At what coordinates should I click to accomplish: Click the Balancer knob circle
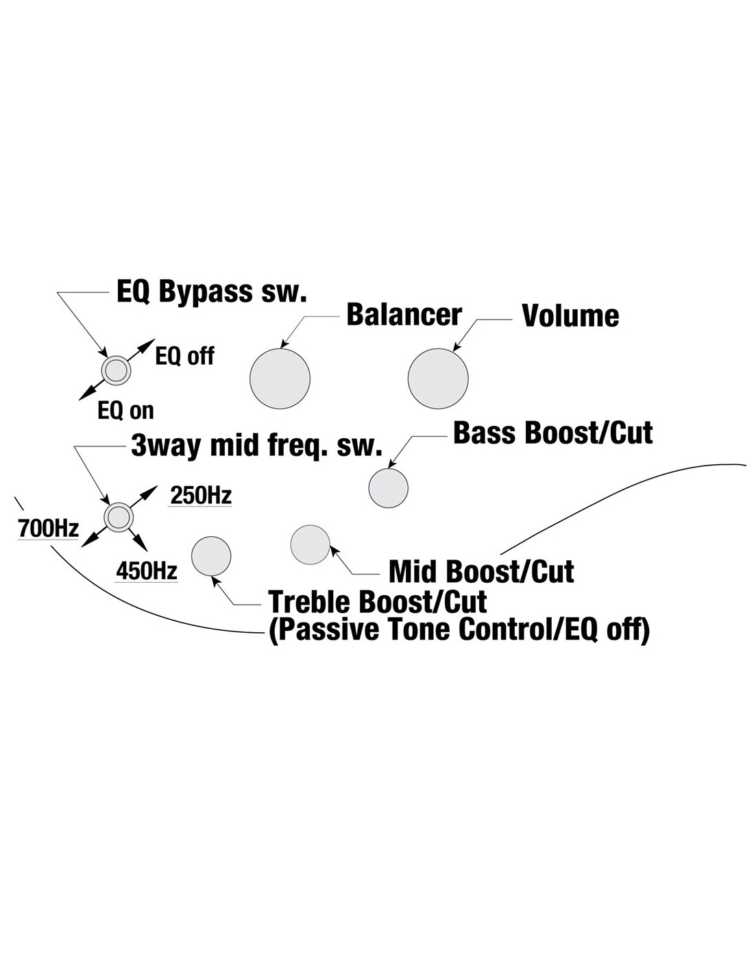[280, 378]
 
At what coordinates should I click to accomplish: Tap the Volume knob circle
[438, 378]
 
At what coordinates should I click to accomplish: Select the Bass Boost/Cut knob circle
[388, 487]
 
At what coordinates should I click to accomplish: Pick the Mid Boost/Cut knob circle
[311, 544]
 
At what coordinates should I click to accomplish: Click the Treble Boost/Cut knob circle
[211, 556]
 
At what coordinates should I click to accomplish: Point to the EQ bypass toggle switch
[116, 371]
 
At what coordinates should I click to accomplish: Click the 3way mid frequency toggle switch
[119, 517]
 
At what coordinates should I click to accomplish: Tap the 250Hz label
[199, 496]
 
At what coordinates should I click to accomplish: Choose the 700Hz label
[48, 529]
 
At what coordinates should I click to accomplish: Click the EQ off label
[184, 356]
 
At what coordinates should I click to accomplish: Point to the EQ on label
[125, 411]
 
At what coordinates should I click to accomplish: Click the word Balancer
[404, 315]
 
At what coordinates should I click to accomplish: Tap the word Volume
[570, 316]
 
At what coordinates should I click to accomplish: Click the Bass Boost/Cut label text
[552, 433]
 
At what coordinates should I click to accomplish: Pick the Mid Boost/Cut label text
[481, 571]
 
